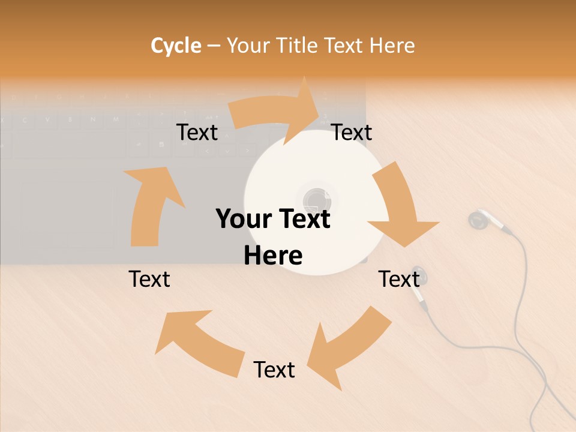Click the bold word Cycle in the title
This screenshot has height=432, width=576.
(x=176, y=46)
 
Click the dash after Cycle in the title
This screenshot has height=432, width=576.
(x=214, y=46)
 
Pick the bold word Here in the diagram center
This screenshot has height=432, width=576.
(x=273, y=256)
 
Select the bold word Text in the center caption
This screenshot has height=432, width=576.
(x=302, y=219)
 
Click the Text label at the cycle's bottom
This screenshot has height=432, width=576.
(x=274, y=370)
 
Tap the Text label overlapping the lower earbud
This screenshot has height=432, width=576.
(x=398, y=279)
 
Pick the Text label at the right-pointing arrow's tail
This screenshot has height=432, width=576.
(x=197, y=133)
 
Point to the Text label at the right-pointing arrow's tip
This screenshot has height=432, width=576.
(x=352, y=133)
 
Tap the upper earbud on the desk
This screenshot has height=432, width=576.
(x=479, y=220)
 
